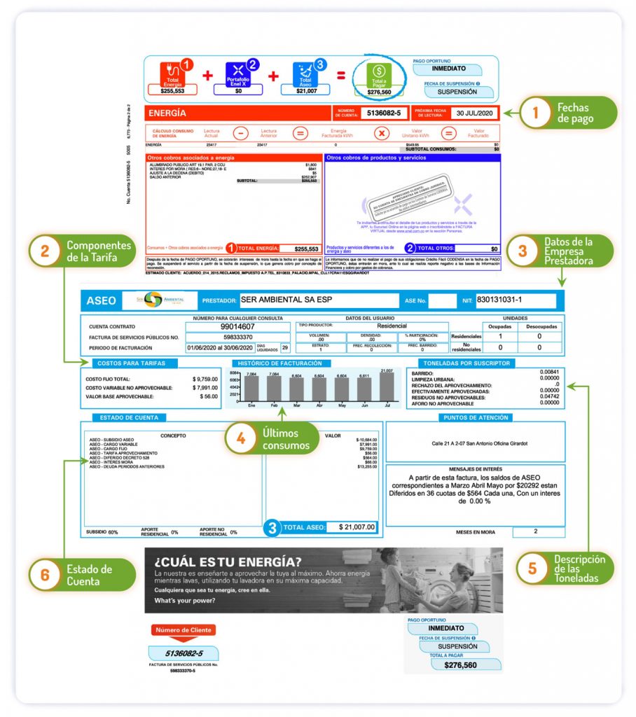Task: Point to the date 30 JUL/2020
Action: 474,113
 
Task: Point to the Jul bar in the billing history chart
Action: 387,387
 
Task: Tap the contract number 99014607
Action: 237,326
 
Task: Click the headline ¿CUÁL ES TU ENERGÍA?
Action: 229,562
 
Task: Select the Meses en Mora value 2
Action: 536,531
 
